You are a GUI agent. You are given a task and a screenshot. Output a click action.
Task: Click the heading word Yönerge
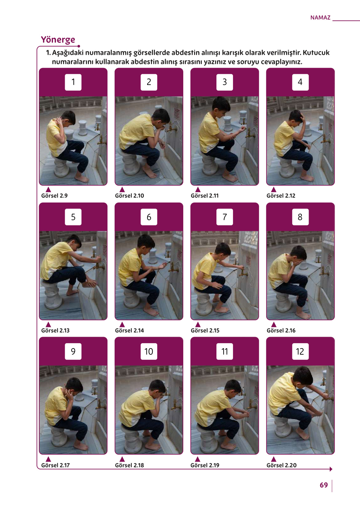[x=58, y=40]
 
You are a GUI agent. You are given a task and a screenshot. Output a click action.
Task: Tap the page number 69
[x=324, y=485]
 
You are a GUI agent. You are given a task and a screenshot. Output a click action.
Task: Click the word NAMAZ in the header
[x=320, y=18]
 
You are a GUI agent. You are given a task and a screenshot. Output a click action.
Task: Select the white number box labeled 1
[x=73, y=82]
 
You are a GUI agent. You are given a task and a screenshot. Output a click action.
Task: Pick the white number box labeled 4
[x=300, y=82]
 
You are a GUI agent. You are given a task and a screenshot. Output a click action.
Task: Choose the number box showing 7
[x=225, y=217]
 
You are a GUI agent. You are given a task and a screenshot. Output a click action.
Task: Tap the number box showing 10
[x=149, y=351]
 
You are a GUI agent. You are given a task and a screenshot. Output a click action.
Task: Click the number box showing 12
[x=300, y=351]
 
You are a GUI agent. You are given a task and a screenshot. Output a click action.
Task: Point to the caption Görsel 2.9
[x=54, y=196]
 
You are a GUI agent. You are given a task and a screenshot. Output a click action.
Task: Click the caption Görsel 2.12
[x=281, y=196]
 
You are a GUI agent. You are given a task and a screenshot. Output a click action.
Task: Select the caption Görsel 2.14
[x=130, y=331]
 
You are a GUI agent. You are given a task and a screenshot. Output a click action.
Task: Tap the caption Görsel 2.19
[x=205, y=465]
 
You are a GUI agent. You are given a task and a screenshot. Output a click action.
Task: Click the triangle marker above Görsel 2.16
[x=274, y=324]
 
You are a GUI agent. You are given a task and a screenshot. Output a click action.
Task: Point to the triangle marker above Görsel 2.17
[x=48, y=459]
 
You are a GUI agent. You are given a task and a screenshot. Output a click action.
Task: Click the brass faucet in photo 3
[x=250, y=134]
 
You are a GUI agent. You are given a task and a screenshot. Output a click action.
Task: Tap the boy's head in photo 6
[x=146, y=241]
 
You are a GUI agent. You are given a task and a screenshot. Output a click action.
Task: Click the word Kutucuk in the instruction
[x=316, y=53]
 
